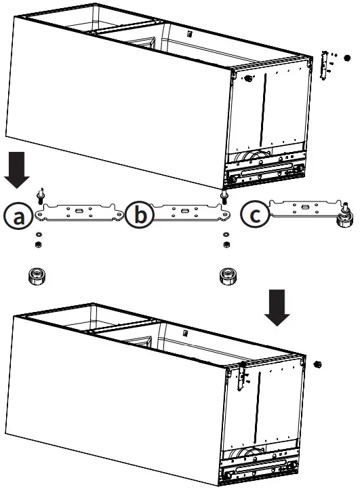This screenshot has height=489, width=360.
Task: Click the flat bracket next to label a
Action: tap(79, 212)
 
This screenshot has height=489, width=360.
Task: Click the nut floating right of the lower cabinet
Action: tap(317, 365)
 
